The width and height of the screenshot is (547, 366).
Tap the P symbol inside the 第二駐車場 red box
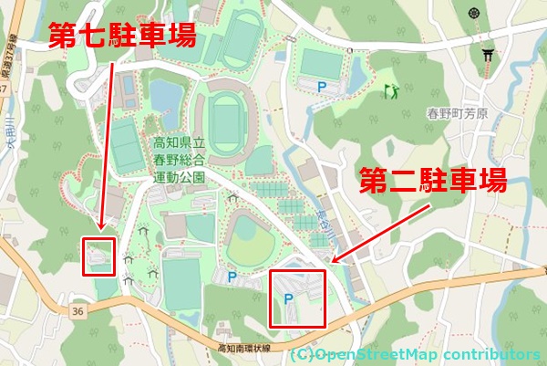tap(289, 298)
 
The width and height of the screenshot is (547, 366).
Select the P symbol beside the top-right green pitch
tap(321, 86)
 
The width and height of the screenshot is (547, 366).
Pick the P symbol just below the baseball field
tap(232, 277)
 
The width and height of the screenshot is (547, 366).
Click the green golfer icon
tap(392, 90)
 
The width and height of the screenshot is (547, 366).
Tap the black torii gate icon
tap(489, 56)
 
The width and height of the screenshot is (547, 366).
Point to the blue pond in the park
tap(165, 94)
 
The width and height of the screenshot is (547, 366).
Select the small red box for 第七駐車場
tap(98, 257)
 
